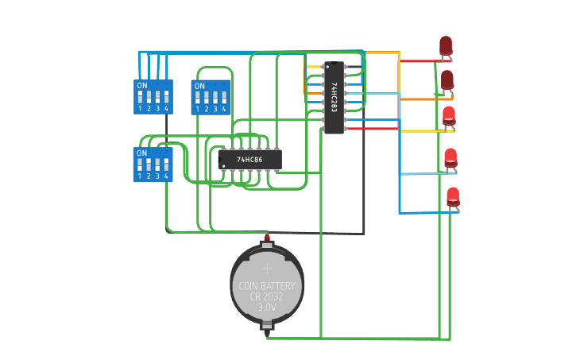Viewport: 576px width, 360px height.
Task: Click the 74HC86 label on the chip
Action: coord(249,160)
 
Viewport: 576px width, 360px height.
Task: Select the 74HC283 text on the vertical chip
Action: coord(334,96)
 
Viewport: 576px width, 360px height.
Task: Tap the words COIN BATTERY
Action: coord(267,286)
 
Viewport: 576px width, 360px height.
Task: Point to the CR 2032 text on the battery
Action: coord(267,296)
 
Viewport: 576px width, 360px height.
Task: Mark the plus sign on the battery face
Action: coord(267,269)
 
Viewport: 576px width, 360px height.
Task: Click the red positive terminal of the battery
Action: coord(267,237)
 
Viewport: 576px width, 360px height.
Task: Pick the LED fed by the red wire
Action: coord(446,46)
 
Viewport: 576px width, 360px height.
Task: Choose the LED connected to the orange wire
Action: coord(447,80)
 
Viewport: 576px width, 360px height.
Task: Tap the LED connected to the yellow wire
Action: coord(449,116)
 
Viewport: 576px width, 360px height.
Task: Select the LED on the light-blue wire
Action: coord(450,158)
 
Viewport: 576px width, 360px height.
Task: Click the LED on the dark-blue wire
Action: coord(453,196)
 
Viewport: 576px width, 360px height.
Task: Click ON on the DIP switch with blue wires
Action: coord(142,85)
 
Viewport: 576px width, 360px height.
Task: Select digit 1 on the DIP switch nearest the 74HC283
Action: coord(198,109)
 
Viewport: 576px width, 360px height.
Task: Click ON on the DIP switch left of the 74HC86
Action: coord(142,153)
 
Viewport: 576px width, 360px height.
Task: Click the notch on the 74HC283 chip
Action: coord(334,64)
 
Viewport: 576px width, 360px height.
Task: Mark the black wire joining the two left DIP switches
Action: coord(166,129)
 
